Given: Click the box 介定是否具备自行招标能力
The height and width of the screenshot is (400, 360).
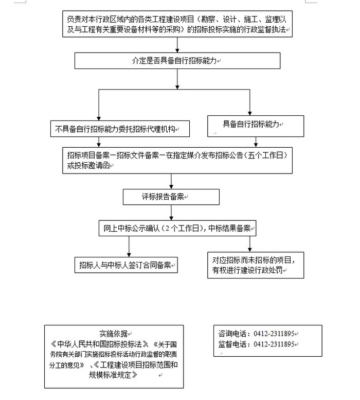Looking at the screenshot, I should point(177,61).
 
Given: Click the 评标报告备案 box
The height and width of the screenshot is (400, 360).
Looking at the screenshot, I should point(171,197).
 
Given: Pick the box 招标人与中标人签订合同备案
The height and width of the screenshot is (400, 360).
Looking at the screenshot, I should point(126,266).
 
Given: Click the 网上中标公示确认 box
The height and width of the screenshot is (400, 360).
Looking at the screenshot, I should point(177,228).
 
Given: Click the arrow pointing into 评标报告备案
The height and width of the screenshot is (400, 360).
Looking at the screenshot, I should point(171,184).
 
